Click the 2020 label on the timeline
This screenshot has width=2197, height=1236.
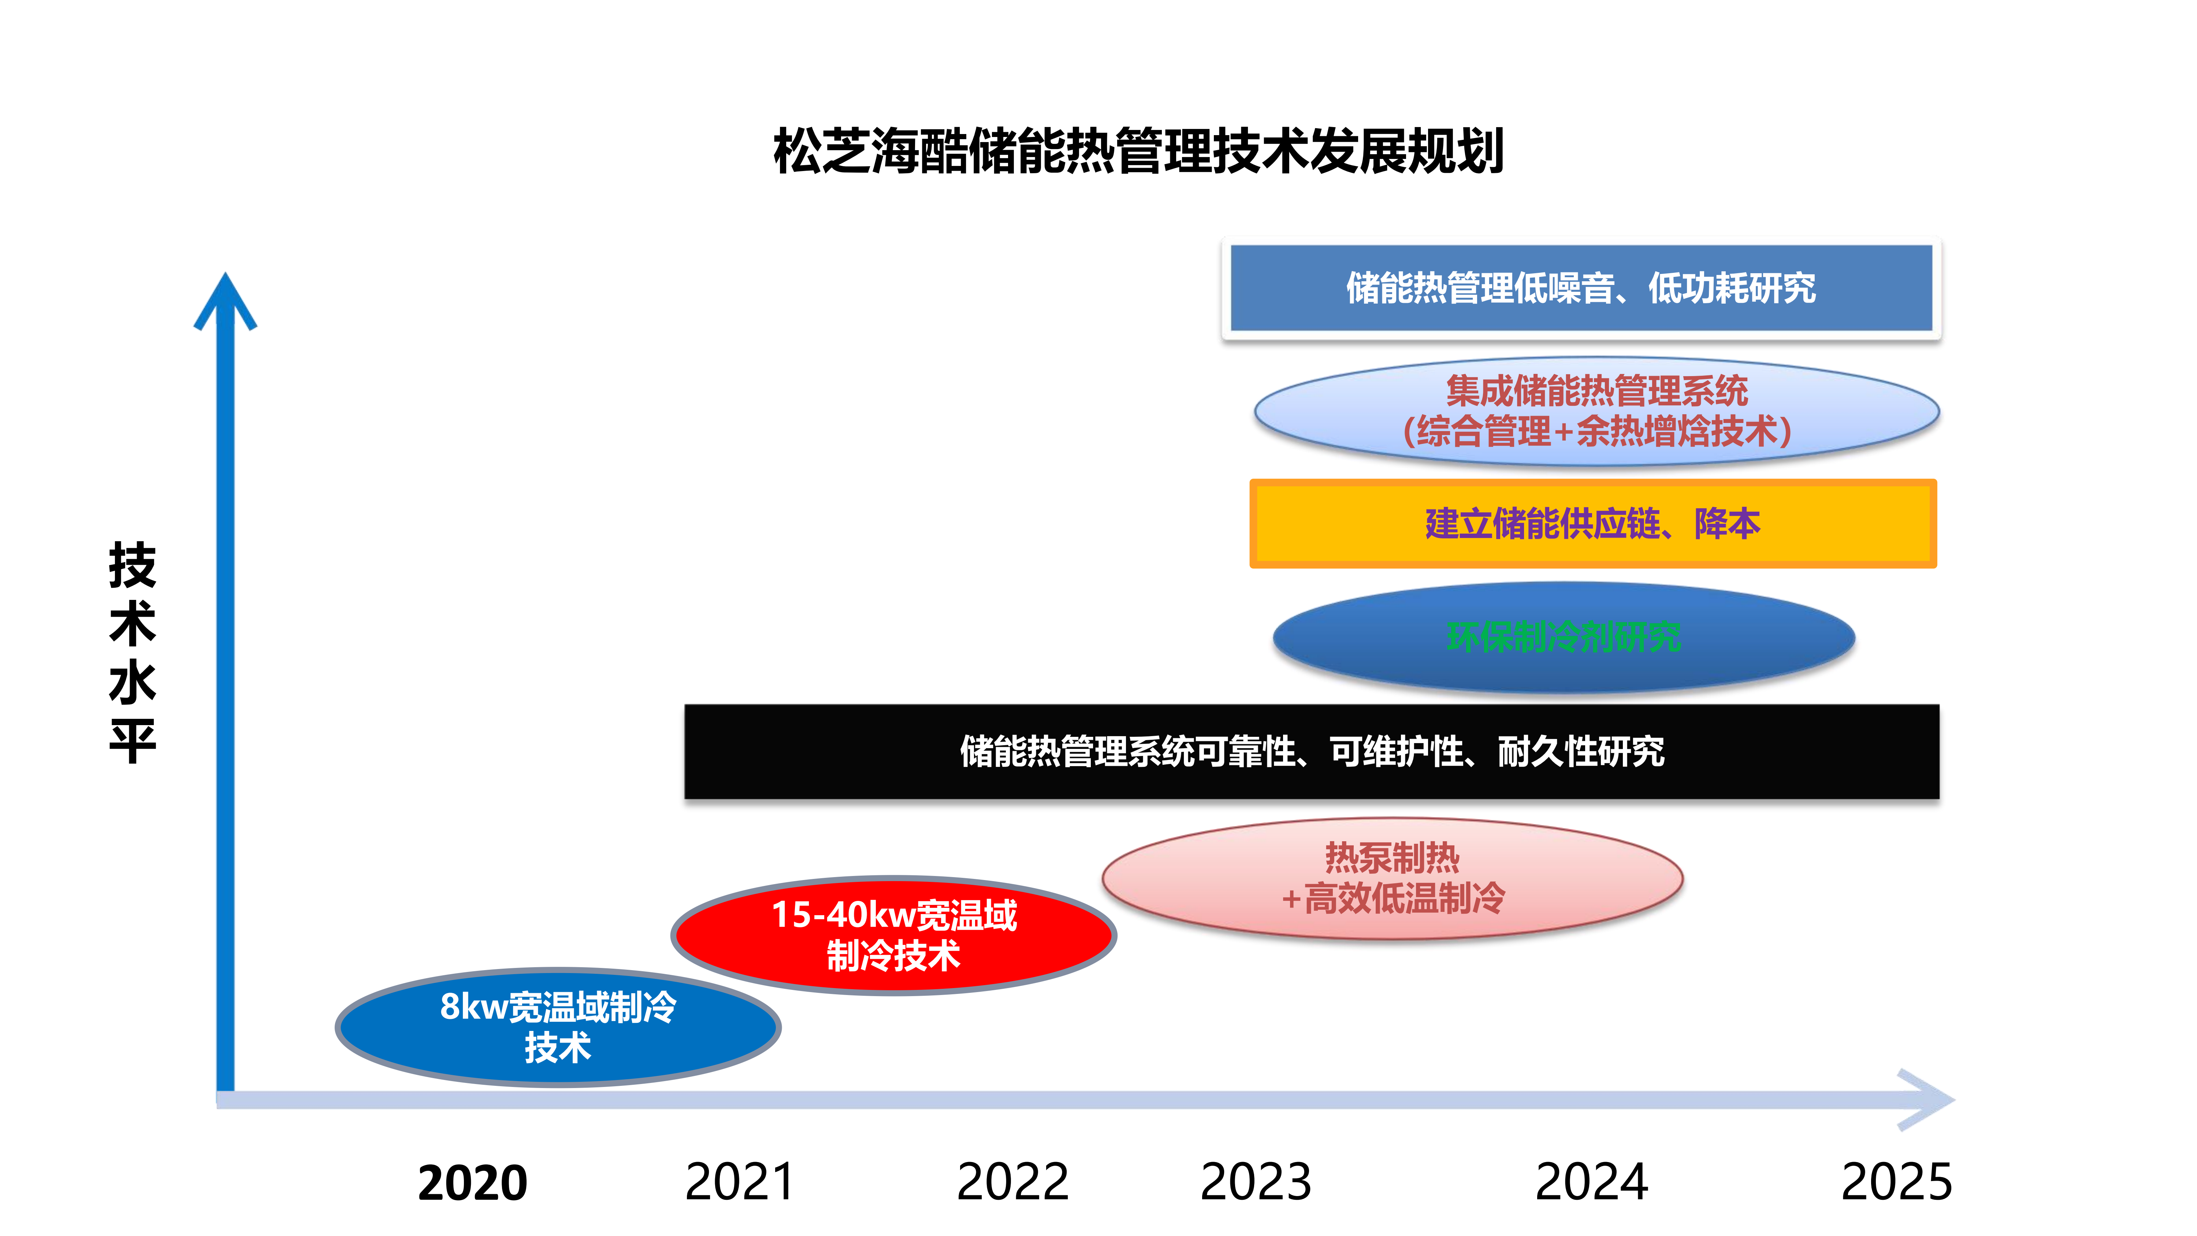(472, 1183)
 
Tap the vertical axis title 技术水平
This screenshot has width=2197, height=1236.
(133, 653)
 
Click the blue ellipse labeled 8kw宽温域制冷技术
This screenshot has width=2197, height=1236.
(558, 1027)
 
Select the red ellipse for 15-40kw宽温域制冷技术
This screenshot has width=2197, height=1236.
(894, 935)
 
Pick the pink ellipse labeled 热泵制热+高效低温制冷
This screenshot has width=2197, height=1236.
(1392, 879)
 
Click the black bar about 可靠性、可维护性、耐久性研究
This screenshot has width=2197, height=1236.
(1312, 751)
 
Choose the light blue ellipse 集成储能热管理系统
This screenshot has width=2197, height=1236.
(1596, 411)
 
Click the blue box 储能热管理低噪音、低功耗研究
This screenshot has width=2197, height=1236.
(1581, 288)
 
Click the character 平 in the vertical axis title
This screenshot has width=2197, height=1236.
(133, 741)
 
